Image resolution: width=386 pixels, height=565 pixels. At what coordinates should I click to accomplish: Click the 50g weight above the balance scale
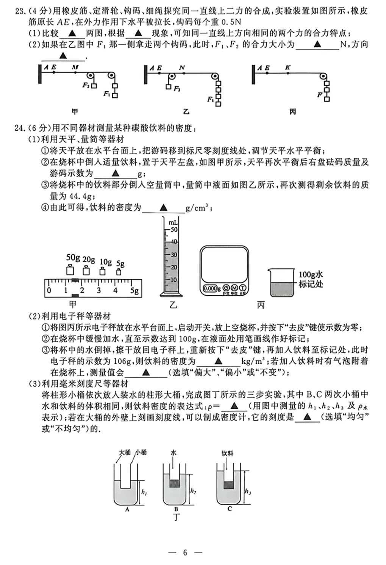tap(70, 271)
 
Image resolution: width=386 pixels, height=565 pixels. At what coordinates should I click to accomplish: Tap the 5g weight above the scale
tap(119, 272)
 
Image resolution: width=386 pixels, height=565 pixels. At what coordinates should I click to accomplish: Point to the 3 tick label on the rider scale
tap(98, 291)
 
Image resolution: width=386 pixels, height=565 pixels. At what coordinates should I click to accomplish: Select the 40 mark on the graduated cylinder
tap(174, 242)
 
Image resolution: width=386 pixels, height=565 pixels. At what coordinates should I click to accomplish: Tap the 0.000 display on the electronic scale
tap(209, 288)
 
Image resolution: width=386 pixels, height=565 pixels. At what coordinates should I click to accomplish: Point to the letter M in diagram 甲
tap(75, 67)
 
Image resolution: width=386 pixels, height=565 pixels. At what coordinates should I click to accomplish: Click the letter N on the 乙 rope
tap(182, 67)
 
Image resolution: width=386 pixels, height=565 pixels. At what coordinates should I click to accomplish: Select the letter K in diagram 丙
tap(288, 67)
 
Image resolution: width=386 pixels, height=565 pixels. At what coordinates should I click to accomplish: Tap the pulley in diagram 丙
tap(323, 77)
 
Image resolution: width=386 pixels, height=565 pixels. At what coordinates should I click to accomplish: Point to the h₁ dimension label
tap(144, 492)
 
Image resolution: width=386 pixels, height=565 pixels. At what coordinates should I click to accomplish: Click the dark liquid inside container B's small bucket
tap(174, 483)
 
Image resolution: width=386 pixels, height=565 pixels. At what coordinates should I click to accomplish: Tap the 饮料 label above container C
tap(227, 453)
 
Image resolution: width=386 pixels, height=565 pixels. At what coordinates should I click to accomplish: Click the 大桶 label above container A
tap(125, 452)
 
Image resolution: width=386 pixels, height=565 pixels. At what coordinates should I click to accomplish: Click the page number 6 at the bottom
tap(185, 552)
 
